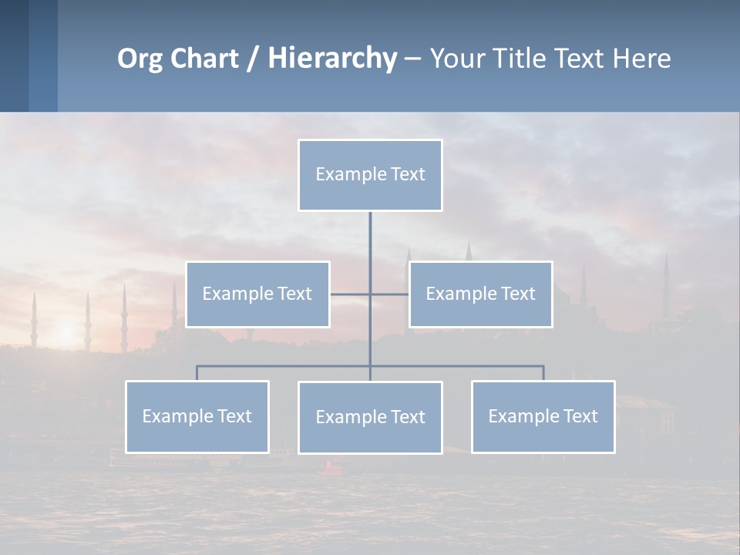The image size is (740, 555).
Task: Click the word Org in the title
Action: pyautogui.click(x=140, y=59)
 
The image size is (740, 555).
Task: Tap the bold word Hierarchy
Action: pyautogui.click(x=332, y=59)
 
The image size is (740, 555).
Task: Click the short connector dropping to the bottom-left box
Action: pyautogui.click(x=197, y=373)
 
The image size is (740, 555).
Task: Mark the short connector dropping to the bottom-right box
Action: pyautogui.click(x=543, y=373)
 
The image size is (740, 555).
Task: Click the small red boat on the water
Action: pyautogui.click(x=333, y=466)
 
